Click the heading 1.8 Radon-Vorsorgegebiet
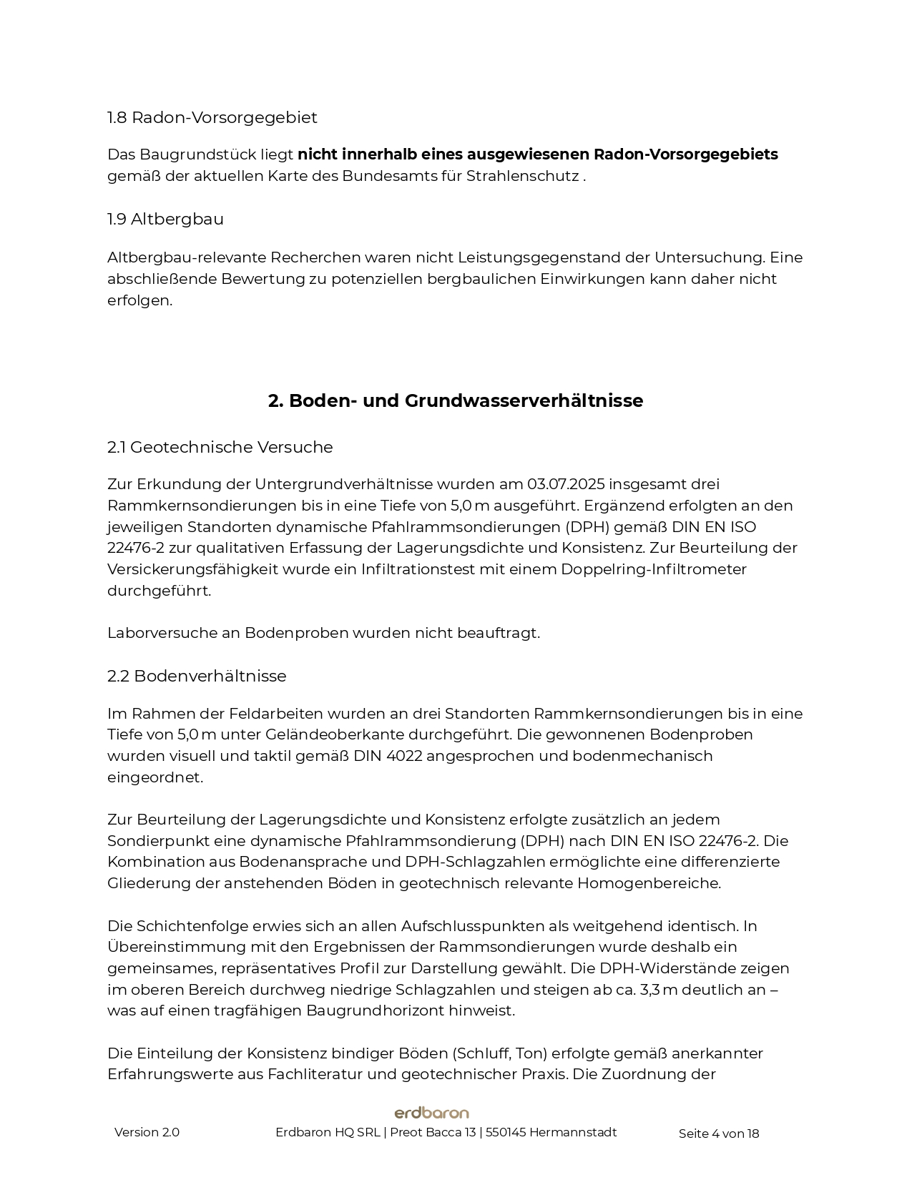coord(212,117)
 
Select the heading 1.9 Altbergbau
coord(165,220)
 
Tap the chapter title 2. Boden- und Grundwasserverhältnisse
coord(456,400)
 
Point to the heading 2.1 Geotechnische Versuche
coord(220,448)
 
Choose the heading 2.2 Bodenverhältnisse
coord(197,677)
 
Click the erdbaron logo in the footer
coord(432,1113)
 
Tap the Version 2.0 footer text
coord(147,1133)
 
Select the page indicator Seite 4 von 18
coord(718,1134)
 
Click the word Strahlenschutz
coord(522,176)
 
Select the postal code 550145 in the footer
coord(505,1133)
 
